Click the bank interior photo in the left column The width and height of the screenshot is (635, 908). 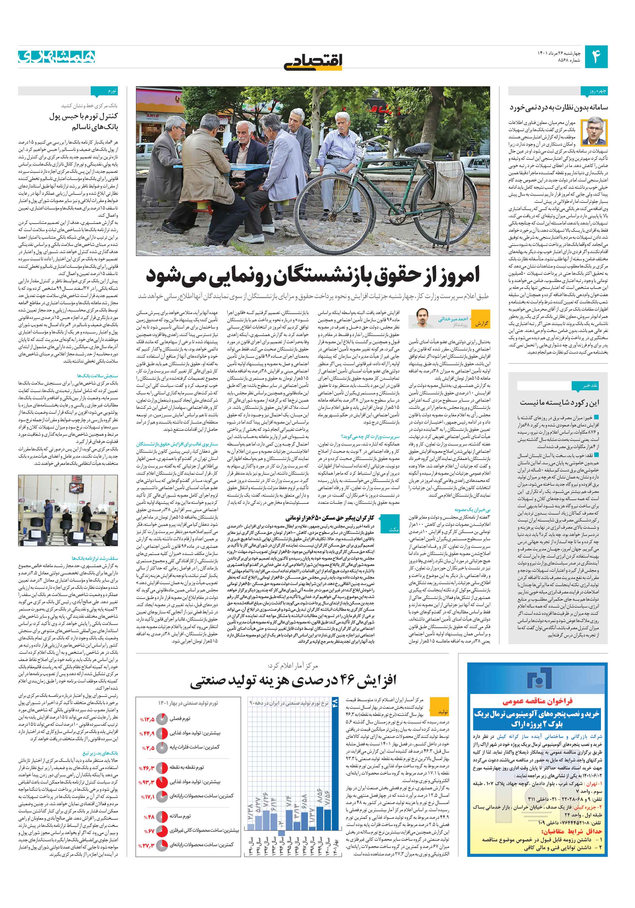(x=68, y=510)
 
